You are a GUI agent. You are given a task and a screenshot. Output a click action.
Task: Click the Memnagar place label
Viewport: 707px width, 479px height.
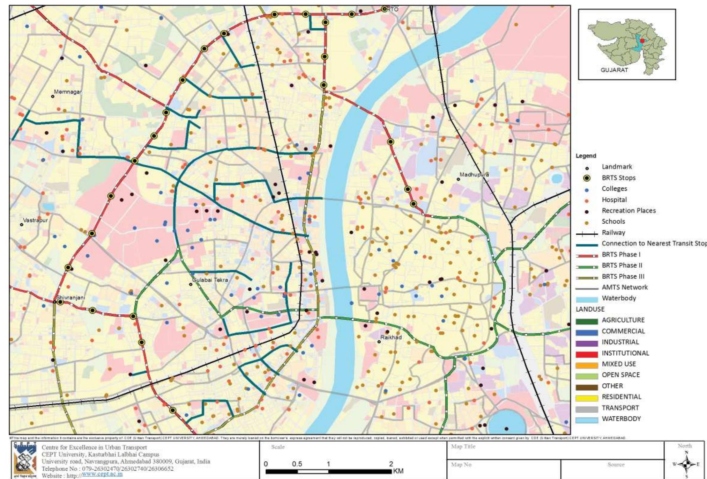(x=68, y=92)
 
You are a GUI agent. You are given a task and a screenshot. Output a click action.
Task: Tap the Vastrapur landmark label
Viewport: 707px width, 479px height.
(x=35, y=220)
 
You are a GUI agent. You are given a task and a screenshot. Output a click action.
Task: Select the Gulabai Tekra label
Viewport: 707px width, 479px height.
(x=210, y=280)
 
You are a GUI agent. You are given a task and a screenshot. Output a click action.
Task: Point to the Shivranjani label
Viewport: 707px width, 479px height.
(x=70, y=298)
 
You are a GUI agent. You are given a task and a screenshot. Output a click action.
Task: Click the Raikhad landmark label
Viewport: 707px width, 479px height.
(x=391, y=338)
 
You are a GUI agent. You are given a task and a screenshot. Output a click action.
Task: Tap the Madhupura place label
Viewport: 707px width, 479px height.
(x=474, y=174)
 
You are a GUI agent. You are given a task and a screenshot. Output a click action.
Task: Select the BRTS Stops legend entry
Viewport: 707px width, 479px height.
(x=618, y=178)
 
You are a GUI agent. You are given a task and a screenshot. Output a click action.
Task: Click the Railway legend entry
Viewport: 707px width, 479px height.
(x=613, y=233)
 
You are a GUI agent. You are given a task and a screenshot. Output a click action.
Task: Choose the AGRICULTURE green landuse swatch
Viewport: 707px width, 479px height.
(x=587, y=320)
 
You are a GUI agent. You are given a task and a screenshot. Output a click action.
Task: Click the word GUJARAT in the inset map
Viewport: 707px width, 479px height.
(x=614, y=70)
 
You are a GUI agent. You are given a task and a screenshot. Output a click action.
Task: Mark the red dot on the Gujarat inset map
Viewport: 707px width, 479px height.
(x=642, y=41)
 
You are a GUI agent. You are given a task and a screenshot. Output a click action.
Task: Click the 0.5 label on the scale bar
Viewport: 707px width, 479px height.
(x=297, y=464)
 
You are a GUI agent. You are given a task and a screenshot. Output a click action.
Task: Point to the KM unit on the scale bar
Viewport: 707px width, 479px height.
(x=398, y=471)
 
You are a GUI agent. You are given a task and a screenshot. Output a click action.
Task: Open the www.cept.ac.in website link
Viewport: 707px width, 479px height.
(x=102, y=474)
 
